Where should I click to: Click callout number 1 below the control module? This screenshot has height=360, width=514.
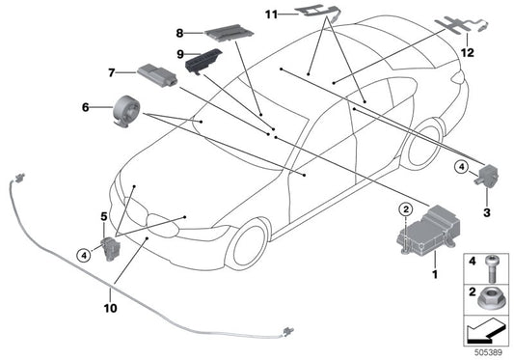coord(434,276)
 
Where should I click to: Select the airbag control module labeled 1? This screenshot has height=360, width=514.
coord(424,238)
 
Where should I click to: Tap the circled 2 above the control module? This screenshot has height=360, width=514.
coord(407,209)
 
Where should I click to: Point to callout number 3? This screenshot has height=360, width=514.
coord(485,211)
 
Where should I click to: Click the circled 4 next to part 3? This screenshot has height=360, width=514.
coord(461,168)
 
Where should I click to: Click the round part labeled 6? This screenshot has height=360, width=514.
coord(125,108)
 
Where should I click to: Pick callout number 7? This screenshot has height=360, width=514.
coord(113,72)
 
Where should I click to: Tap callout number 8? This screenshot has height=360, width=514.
coord(153,33)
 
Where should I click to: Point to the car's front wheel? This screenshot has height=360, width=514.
coord(244,245)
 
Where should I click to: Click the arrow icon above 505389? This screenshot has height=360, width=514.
coord(485,330)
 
